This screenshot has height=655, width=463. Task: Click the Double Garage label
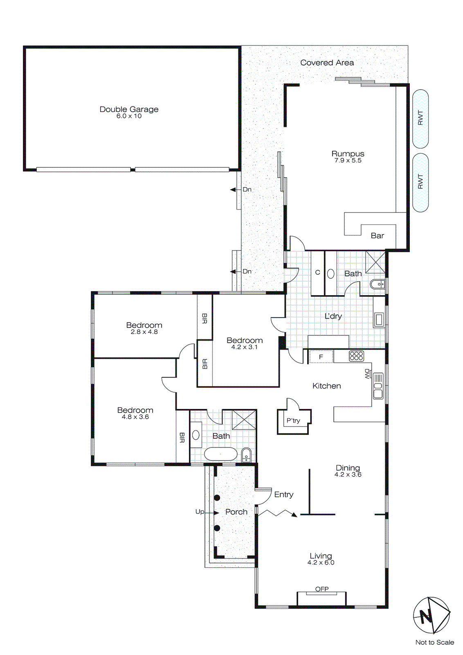pyautogui.click(x=129, y=109)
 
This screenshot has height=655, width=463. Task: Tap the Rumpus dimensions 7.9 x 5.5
pyautogui.click(x=348, y=160)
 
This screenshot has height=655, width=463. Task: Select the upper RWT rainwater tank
pyautogui.click(x=420, y=118)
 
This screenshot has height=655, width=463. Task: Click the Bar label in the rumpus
pyautogui.click(x=377, y=236)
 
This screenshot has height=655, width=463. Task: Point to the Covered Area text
pyautogui.click(x=327, y=63)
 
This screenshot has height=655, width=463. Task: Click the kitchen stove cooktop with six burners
pyautogui.click(x=356, y=356)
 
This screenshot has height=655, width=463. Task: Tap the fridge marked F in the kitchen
pyautogui.click(x=321, y=357)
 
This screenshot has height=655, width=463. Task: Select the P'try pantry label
pyautogui.click(x=293, y=420)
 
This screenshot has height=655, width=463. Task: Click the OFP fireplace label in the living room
pyautogui.click(x=322, y=589)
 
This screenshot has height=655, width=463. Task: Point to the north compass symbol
pyautogui.click(x=431, y=616)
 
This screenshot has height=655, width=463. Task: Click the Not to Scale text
pyautogui.click(x=434, y=642)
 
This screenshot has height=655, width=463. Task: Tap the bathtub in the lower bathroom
pyautogui.click(x=220, y=454)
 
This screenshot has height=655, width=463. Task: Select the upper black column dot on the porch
pyautogui.click(x=217, y=498)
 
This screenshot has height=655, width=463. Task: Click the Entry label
pyautogui.click(x=283, y=495)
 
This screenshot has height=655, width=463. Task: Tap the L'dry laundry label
pyautogui.click(x=333, y=316)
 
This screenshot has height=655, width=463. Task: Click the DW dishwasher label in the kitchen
pyautogui.click(x=367, y=374)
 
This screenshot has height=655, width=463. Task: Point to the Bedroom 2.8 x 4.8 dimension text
pyautogui.click(x=144, y=332)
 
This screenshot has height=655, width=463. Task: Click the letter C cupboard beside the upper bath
pyautogui.click(x=317, y=273)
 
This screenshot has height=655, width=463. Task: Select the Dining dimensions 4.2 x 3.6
pyautogui.click(x=348, y=475)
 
